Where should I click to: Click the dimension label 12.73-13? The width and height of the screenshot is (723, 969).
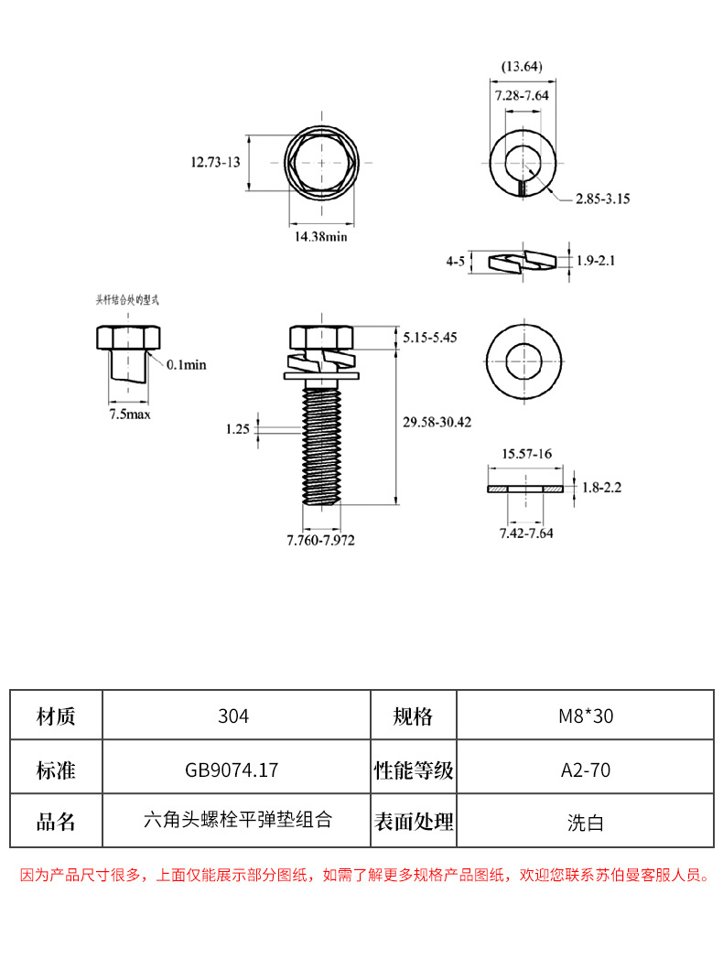point(214,162)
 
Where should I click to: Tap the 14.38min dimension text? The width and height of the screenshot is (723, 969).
point(320,236)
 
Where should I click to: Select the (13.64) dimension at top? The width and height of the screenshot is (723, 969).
point(523,66)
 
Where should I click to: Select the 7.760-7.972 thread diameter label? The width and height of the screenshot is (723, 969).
point(320,540)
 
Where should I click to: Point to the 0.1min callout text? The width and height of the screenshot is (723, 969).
point(188,364)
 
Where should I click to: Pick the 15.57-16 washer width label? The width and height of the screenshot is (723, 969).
point(525,454)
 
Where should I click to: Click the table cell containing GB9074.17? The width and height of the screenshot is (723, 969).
point(235,770)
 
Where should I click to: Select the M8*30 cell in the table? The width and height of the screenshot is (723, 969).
point(585,716)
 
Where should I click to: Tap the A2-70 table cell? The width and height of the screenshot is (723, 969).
point(585,770)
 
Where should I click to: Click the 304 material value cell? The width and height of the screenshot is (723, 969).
point(235,716)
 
